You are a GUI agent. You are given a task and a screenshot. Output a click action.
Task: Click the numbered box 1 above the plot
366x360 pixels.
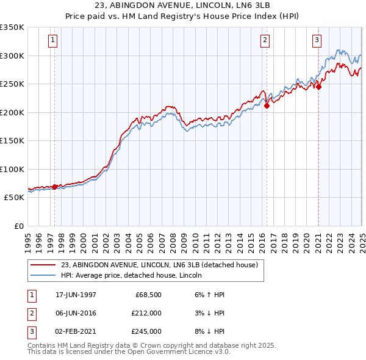coord(54,41)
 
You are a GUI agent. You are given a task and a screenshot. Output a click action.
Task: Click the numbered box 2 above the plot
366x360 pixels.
coord(265,41)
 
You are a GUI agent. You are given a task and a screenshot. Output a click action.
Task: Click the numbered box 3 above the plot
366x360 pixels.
coord(317,41)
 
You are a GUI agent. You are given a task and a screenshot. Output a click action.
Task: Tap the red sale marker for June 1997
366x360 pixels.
coord(55,187)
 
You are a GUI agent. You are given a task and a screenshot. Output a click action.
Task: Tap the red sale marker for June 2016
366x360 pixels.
coord(267,106)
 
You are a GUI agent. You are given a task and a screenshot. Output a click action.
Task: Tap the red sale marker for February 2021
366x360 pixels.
coord(318,87)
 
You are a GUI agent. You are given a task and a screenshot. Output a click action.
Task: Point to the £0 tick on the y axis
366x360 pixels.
coord(18,226)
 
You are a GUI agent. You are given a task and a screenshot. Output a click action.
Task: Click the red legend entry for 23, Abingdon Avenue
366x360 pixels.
coord(160,265)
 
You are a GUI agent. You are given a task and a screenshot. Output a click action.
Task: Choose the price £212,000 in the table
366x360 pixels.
coord(146,313)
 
